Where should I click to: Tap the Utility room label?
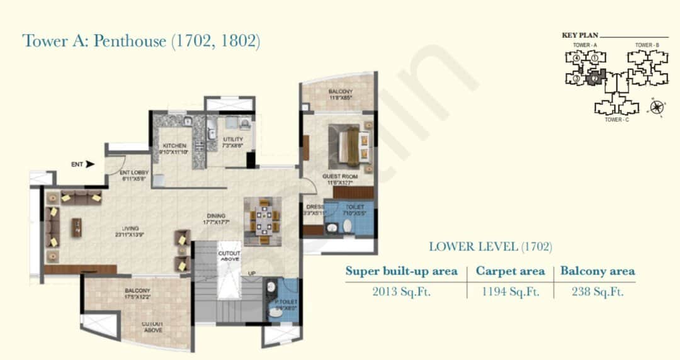[233, 140]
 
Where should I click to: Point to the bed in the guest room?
[344, 143]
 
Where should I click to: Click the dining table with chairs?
[264, 220]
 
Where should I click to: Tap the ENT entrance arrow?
[90, 164]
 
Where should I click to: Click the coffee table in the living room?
[76, 227]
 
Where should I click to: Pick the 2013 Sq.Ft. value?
[401, 291]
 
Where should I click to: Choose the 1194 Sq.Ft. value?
[510, 291]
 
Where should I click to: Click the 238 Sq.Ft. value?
[598, 291]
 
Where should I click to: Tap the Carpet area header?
[510, 271]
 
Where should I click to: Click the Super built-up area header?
[401, 271]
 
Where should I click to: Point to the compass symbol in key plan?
[658, 106]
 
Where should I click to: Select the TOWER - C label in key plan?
[616, 119]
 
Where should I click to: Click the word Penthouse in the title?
[130, 42]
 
